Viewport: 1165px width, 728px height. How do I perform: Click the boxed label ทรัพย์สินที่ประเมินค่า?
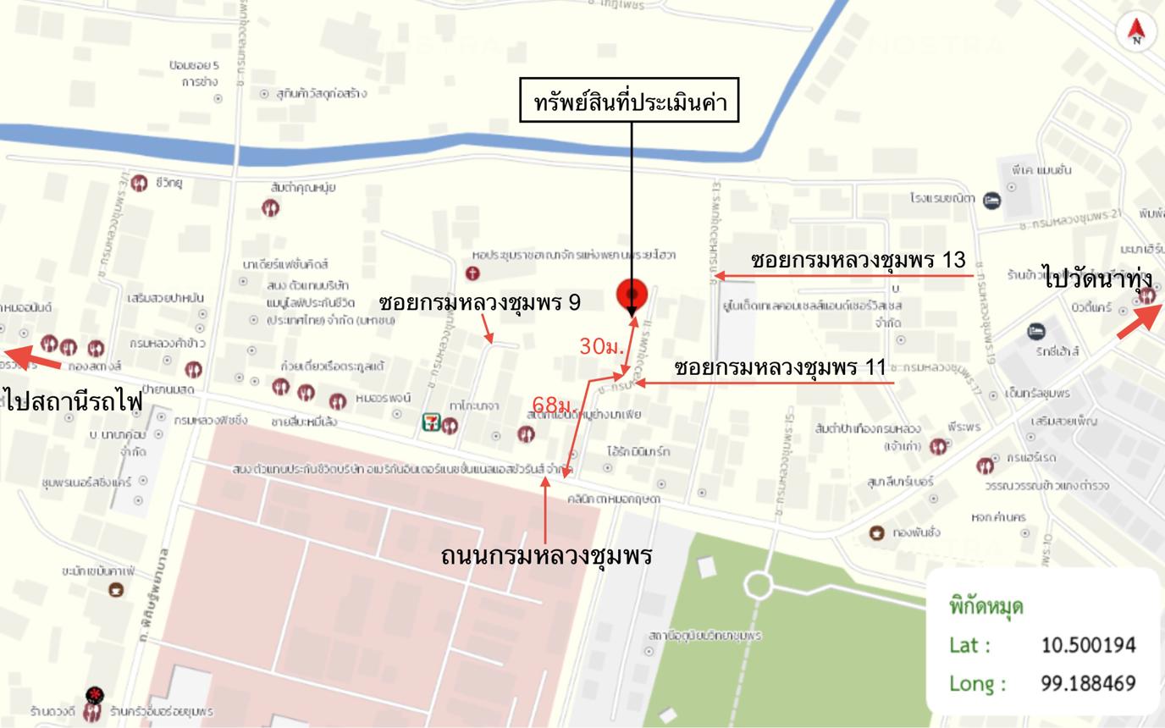pos(632,103)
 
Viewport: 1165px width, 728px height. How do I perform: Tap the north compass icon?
pos(1137,31)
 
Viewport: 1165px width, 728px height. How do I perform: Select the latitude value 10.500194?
pos(1088,645)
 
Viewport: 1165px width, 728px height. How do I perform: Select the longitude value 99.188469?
pos(1088,683)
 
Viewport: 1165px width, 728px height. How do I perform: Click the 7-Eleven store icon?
pos(432,422)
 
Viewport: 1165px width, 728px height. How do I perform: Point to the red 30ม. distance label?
pos(601,346)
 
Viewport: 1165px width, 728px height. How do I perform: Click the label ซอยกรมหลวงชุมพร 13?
pos(859,261)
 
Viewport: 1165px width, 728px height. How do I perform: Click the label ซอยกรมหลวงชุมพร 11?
pos(780,368)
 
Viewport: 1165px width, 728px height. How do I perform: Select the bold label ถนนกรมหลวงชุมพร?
pos(546,556)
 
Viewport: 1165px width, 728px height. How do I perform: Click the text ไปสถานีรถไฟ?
pos(73,401)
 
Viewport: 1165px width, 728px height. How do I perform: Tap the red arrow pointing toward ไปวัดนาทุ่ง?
pos(1140,322)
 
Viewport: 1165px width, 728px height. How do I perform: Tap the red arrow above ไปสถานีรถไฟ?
pos(34,358)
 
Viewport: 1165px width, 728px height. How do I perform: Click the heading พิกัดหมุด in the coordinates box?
pos(986,606)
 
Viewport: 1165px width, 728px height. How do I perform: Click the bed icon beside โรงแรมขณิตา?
pos(992,201)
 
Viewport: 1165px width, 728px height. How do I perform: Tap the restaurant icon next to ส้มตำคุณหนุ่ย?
pos(271,207)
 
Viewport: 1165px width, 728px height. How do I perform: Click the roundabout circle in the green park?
pos(759,584)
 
